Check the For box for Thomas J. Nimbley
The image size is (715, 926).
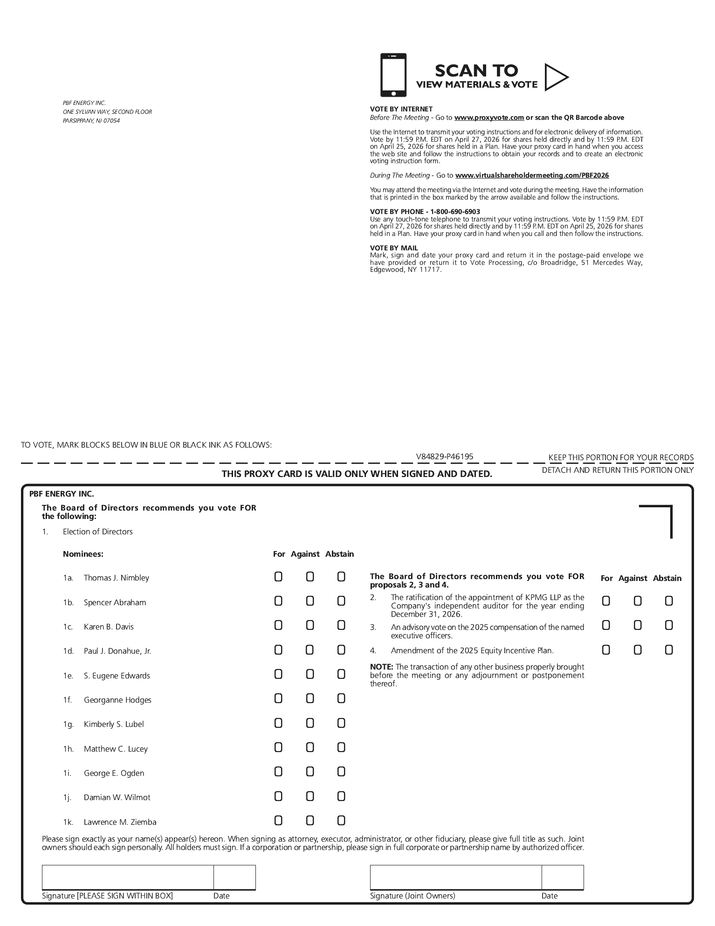[x=278, y=577]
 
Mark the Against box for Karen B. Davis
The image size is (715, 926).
[x=310, y=625]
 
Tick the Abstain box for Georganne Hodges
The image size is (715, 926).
[x=341, y=698]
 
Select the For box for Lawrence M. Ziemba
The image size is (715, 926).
[x=278, y=820]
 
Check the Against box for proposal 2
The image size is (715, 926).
[x=638, y=601]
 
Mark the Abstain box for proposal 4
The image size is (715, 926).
[x=669, y=650]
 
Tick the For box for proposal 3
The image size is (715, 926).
[x=606, y=625]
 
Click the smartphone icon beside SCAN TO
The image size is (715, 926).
[x=393, y=75]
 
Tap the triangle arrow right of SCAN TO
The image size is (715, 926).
[x=556, y=77]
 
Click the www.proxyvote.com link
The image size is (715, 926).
[x=489, y=117]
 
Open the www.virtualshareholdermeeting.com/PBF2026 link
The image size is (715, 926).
[x=532, y=175]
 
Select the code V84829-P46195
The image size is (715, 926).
[x=445, y=457]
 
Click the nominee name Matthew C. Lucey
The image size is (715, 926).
[x=116, y=749]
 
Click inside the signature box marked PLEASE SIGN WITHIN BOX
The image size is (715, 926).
[x=128, y=877]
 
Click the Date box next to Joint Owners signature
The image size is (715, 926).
[x=562, y=877]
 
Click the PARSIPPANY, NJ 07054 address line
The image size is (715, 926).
[x=91, y=121]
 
